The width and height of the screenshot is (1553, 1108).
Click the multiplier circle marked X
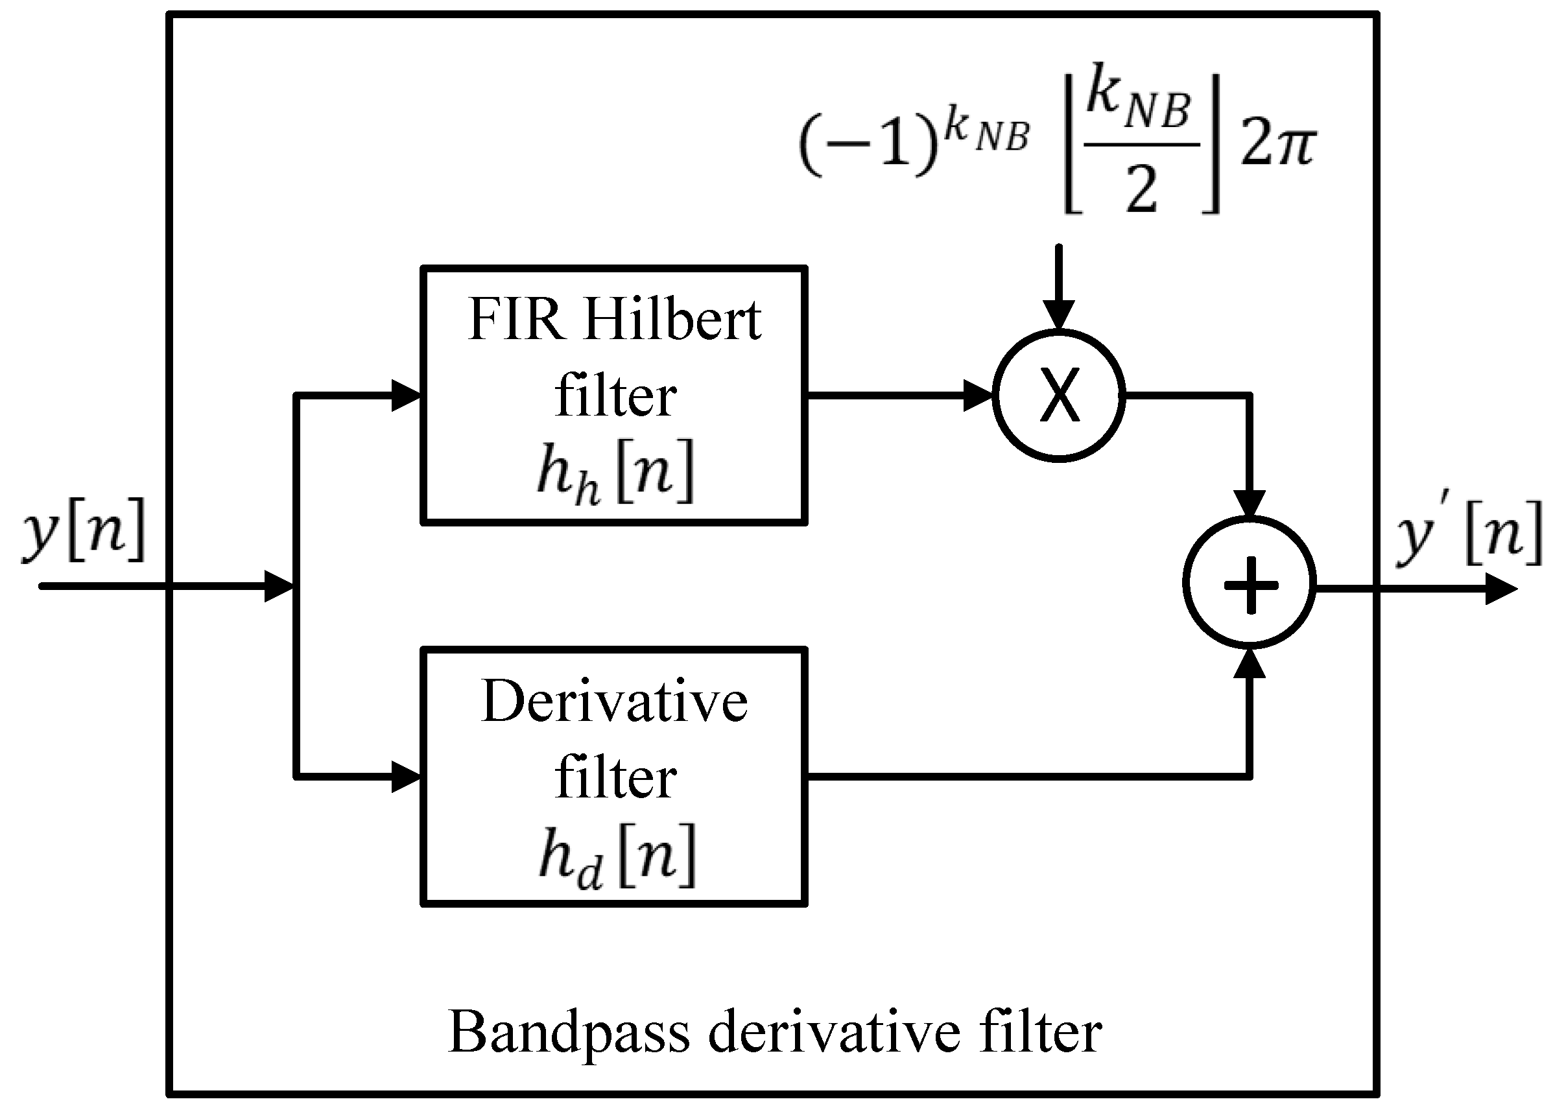tap(1058, 395)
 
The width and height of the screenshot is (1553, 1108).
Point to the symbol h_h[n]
tap(615, 472)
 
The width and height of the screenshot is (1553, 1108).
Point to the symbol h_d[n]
tap(616, 855)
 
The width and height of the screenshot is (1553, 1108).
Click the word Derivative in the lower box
tap(614, 703)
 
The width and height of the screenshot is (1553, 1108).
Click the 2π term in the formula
tap(1277, 145)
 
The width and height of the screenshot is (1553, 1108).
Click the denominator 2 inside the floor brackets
tap(1141, 188)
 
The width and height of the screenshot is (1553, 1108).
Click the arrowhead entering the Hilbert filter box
tap(405, 395)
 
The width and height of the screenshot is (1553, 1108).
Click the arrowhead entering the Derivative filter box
tap(405, 777)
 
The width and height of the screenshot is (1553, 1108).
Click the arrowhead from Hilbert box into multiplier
tap(977, 395)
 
